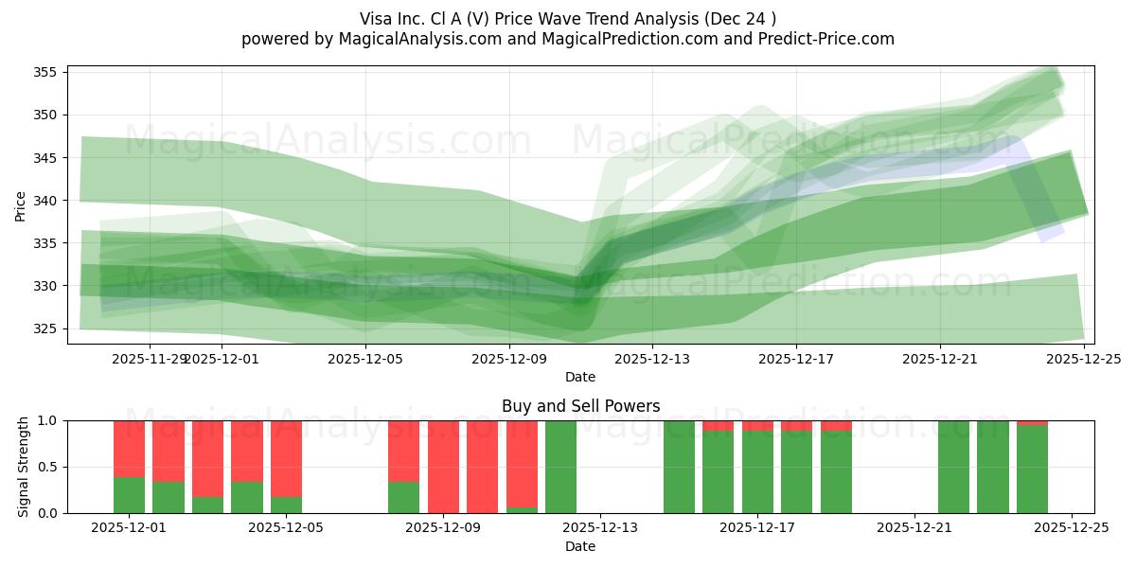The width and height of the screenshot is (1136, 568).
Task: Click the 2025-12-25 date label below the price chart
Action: coord(1084,359)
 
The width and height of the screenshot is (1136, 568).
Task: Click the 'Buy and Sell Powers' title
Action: coord(580,406)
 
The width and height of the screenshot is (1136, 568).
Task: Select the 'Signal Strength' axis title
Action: coord(24,467)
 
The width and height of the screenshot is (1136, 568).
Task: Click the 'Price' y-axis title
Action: coord(21,205)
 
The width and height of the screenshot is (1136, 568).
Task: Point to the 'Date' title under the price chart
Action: coord(580,377)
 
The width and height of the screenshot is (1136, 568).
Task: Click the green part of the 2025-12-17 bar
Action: coord(757,472)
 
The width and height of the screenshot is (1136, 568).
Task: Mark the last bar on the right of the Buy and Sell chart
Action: coord(1032,470)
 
